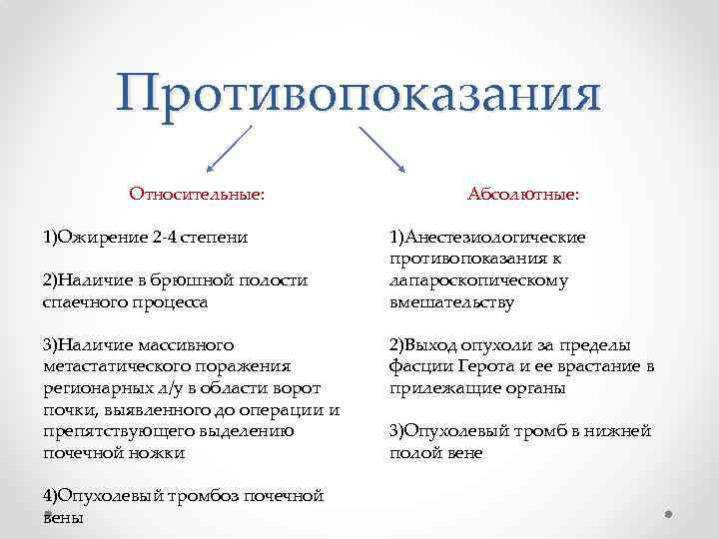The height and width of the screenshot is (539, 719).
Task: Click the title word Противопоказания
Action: (x=359, y=94)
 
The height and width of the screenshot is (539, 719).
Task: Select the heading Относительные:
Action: (x=197, y=194)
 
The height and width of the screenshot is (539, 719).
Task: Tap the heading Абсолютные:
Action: (x=522, y=194)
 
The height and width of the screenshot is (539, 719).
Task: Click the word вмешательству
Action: (x=451, y=301)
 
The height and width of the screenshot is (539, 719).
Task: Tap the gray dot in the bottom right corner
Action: (x=669, y=514)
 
